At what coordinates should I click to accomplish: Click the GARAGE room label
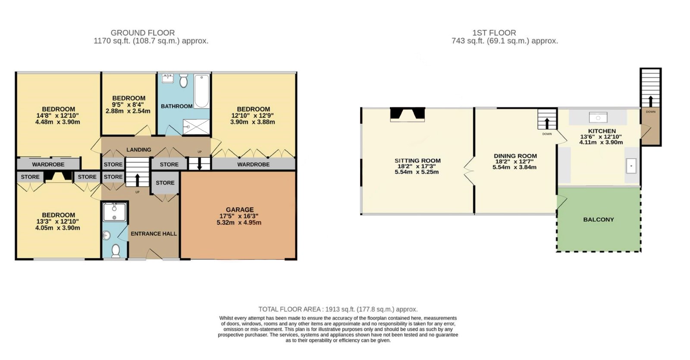240,210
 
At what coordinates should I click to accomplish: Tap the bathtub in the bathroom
202,91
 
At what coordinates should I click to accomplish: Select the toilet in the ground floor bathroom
184,80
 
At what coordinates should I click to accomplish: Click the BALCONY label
599,219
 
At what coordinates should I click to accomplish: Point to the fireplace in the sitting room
408,114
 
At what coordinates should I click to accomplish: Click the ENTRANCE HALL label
154,234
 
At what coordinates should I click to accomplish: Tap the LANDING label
138,150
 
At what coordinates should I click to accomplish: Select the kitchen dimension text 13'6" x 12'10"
601,137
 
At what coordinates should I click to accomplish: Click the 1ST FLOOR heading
494,33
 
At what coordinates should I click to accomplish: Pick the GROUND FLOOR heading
143,33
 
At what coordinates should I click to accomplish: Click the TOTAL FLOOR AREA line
338,309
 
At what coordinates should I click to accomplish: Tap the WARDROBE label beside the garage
253,164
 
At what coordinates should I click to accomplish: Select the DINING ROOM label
515,156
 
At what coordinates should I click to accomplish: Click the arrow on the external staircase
651,101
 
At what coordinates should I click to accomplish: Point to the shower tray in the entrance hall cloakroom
115,212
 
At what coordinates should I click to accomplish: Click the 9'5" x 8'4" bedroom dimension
128,105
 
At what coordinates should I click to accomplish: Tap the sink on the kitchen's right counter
631,166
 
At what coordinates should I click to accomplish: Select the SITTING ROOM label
417,161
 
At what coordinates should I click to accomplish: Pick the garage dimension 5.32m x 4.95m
239,222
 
